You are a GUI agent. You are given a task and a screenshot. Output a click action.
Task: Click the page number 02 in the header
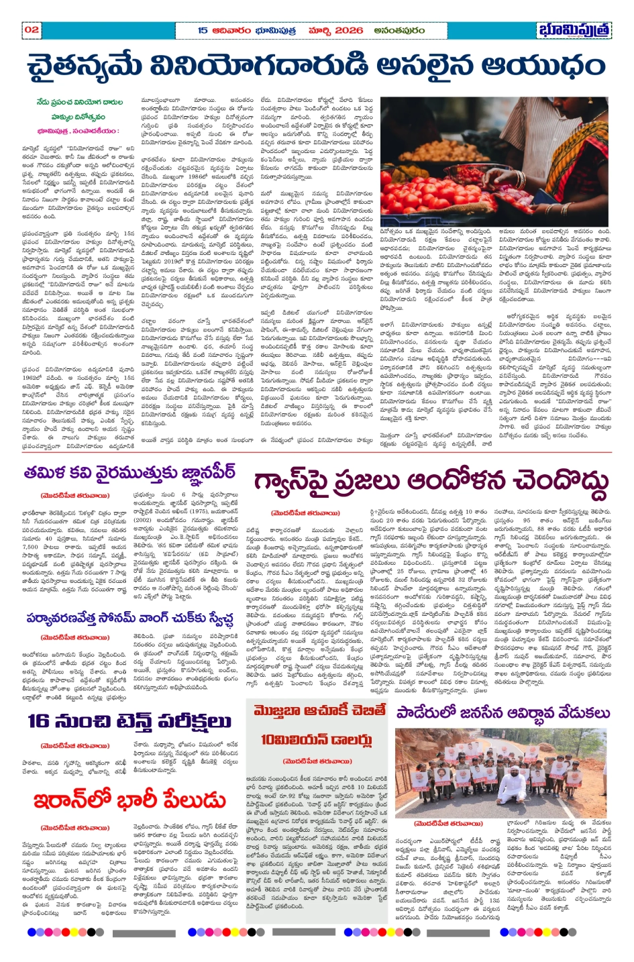(x=32, y=30)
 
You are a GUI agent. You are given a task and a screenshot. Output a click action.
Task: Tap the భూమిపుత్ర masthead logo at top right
(x=574, y=30)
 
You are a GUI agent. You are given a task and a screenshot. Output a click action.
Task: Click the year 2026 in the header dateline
(x=349, y=30)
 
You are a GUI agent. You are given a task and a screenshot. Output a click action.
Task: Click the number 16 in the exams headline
(x=39, y=721)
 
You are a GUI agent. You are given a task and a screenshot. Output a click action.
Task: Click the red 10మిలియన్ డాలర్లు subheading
(x=317, y=739)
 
